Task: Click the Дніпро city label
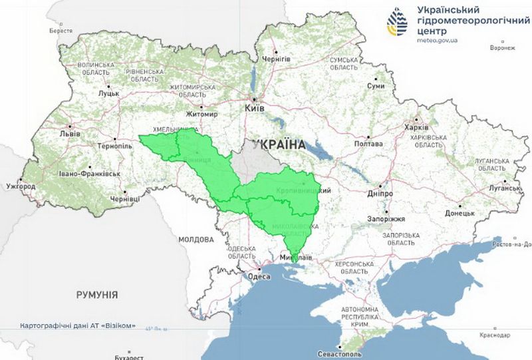point(381,194)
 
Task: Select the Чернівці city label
point(125,198)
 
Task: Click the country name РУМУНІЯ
point(96,294)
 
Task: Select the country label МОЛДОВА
point(196,238)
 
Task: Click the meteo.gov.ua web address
point(438,40)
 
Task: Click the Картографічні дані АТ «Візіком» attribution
point(78,326)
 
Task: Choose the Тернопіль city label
point(114,144)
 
